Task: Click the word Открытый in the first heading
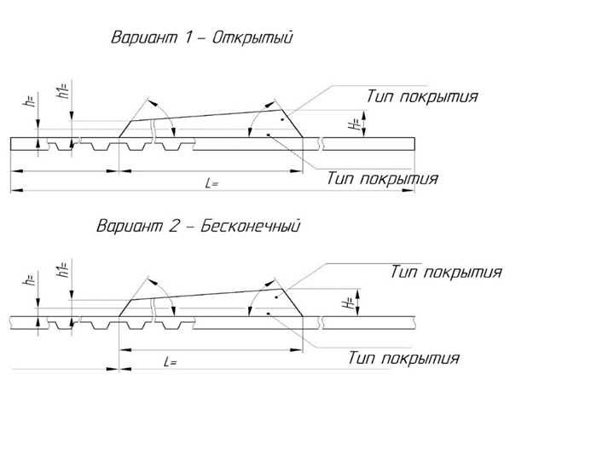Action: click(252, 38)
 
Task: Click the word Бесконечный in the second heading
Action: click(250, 226)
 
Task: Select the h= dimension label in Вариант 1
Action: click(30, 100)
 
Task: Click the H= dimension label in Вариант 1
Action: click(355, 124)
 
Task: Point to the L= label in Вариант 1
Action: click(211, 183)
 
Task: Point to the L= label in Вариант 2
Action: click(171, 362)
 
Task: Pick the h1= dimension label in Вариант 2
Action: click(63, 269)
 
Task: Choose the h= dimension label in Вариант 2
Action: click(30, 279)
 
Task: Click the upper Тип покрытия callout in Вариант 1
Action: click(422, 96)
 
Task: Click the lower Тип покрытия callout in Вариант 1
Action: click(382, 179)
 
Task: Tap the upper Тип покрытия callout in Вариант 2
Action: click(446, 273)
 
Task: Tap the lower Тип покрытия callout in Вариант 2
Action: click(403, 358)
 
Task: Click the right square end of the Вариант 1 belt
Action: click(414, 143)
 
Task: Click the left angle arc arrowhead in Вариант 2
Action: click(154, 283)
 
